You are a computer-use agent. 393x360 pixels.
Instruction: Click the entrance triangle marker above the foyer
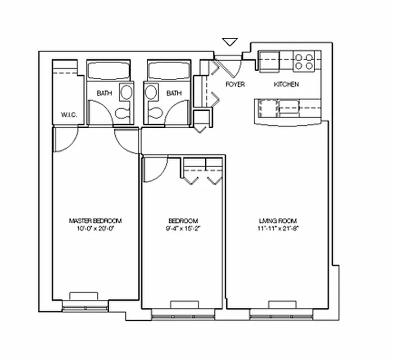click(x=230, y=42)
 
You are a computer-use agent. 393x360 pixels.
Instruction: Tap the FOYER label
click(x=235, y=84)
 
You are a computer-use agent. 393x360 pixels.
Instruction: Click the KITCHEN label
click(x=286, y=84)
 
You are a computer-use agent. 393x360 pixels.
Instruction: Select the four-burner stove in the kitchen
click(x=304, y=62)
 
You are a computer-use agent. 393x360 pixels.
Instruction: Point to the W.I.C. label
click(x=69, y=115)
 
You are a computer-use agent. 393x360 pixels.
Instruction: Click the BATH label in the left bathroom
click(x=104, y=94)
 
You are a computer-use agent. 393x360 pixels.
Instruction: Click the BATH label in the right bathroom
click(x=174, y=94)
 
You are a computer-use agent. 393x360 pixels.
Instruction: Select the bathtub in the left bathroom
click(x=108, y=71)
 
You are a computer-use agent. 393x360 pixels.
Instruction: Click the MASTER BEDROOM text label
click(x=95, y=221)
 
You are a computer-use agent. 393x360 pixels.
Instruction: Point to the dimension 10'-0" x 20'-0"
click(x=95, y=228)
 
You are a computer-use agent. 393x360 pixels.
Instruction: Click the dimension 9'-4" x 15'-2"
click(x=183, y=228)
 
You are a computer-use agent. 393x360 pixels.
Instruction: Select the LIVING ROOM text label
click(x=278, y=221)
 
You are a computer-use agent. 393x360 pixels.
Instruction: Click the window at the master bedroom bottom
click(x=84, y=308)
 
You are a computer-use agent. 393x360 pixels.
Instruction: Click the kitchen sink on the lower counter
click(x=288, y=107)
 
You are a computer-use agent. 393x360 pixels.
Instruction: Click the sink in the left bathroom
click(x=126, y=93)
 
